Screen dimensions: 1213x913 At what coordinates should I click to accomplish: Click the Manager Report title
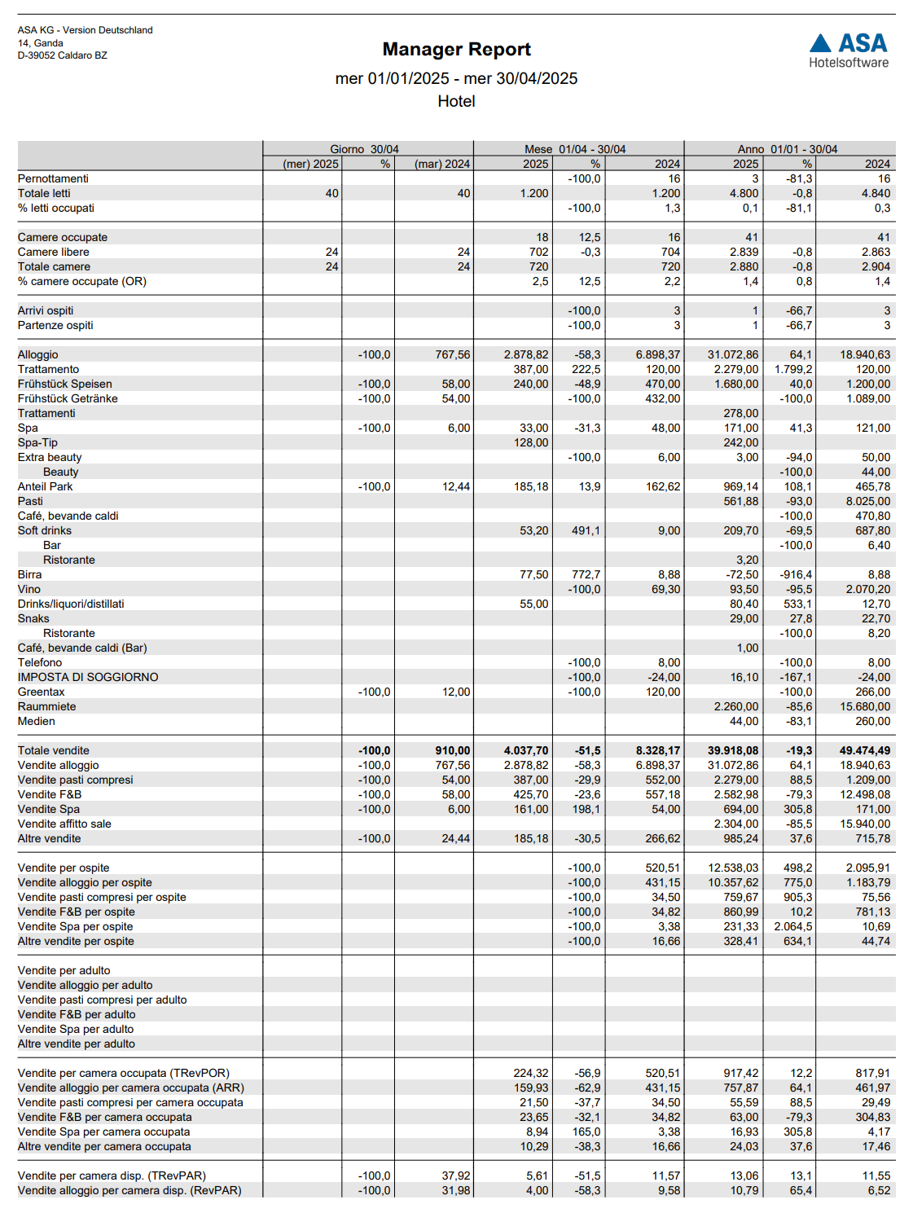(456, 50)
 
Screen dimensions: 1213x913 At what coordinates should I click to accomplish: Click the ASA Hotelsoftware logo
(848, 51)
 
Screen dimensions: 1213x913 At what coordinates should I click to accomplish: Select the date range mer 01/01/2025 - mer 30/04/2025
(456, 79)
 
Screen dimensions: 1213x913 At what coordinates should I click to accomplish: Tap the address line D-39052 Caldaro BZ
(63, 55)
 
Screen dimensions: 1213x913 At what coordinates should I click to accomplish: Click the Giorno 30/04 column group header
(364, 149)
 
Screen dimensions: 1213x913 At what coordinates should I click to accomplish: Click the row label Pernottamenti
(53, 178)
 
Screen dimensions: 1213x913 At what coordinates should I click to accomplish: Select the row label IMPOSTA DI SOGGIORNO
(88, 677)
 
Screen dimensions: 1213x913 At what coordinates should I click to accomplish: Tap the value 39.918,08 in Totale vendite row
(733, 750)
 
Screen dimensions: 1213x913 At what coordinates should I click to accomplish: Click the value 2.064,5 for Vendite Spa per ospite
(792, 926)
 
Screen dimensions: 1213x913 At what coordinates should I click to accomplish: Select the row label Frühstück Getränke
(68, 398)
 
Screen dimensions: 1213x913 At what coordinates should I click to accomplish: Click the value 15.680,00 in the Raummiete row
(865, 706)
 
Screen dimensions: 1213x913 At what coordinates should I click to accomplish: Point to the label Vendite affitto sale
(64, 824)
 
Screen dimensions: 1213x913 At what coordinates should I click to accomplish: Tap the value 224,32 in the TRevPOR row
(530, 1073)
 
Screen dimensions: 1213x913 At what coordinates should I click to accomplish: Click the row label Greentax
(41, 692)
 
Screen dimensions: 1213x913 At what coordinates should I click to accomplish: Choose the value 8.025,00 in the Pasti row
(867, 501)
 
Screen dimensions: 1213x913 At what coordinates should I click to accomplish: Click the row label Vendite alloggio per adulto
(85, 985)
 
